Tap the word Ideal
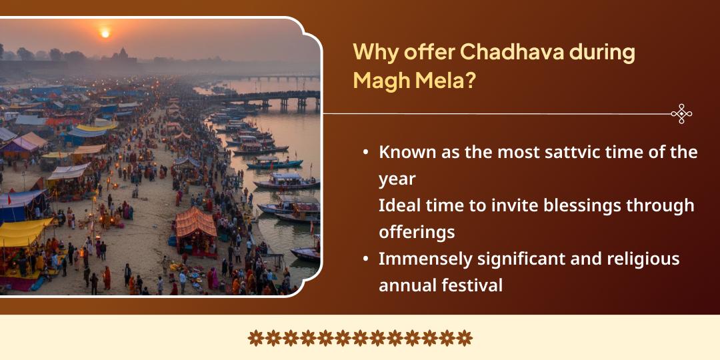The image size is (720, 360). (x=399, y=205)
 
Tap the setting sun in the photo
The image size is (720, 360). (x=104, y=33)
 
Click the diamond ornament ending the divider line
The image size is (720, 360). (x=681, y=114)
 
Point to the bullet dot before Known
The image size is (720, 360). (x=365, y=153)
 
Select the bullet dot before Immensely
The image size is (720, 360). (x=365, y=259)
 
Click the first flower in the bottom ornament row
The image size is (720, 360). (x=256, y=338)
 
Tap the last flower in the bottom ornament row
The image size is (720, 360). (x=464, y=338)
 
